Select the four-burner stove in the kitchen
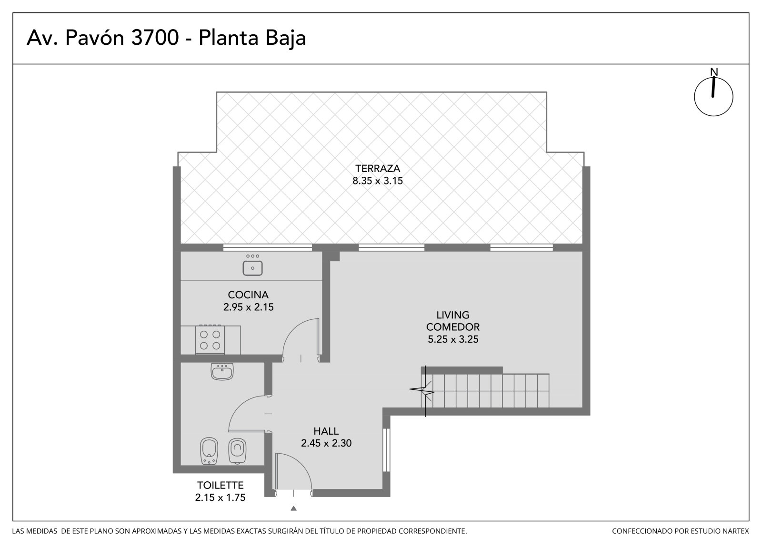pos(210,339)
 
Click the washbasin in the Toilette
pos(222,371)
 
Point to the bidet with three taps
pos(209,451)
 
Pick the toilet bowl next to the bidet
pos(237,450)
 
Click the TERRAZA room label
pos(378,169)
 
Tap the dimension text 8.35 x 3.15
pos(378,181)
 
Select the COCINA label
pos(248,295)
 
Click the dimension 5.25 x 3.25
pos(453,339)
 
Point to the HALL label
pos(326,431)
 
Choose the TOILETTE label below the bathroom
pos(221,485)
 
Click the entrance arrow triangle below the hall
pos(293,508)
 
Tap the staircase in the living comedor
pos(485,390)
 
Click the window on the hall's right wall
pos(386,450)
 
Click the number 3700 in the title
pos(155,38)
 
